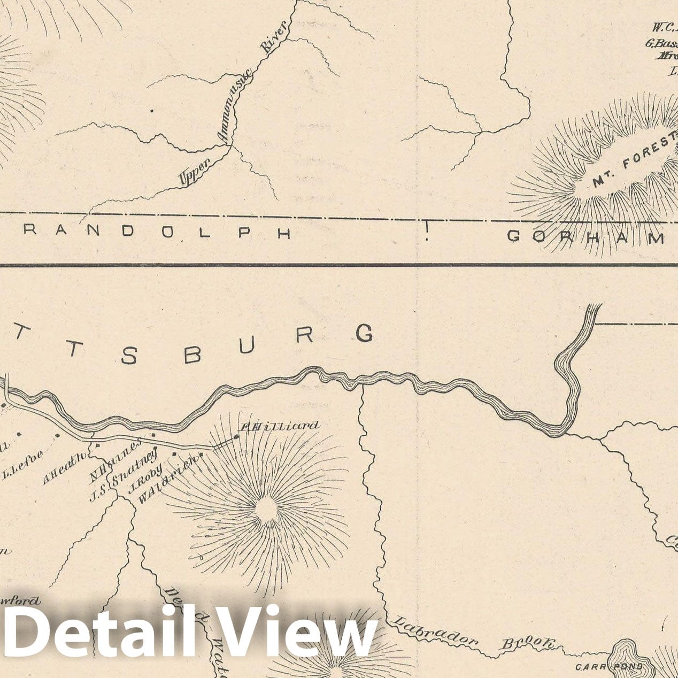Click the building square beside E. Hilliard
tap(236, 436)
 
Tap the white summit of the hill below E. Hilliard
tap(266, 511)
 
